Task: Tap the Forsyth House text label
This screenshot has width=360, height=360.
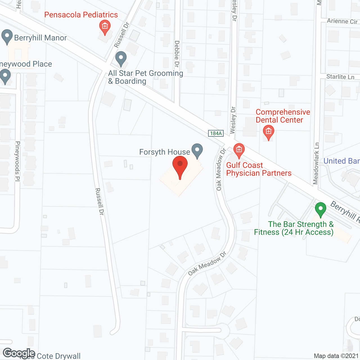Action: (165, 152)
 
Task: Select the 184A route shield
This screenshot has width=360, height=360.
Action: (216, 133)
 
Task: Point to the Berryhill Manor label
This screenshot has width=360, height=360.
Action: (40, 38)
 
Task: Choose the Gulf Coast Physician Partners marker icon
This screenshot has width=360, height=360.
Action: (239, 150)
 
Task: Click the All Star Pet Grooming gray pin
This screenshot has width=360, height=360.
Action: (121, 58)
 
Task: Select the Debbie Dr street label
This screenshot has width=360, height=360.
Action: (177, 53)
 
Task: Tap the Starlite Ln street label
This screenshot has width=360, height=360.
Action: (340, 77)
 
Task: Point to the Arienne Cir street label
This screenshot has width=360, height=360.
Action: (342, 21)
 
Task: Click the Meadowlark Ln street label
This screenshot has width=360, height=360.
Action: (316, 163)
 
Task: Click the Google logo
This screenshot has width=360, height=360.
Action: (19, 353)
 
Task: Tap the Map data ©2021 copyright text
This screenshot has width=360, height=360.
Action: (336, 356)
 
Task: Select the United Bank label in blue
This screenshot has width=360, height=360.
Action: (341, 161)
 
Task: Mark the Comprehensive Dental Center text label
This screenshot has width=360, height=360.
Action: (283, 116)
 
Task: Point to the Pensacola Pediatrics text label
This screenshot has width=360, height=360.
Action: (81, 15)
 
